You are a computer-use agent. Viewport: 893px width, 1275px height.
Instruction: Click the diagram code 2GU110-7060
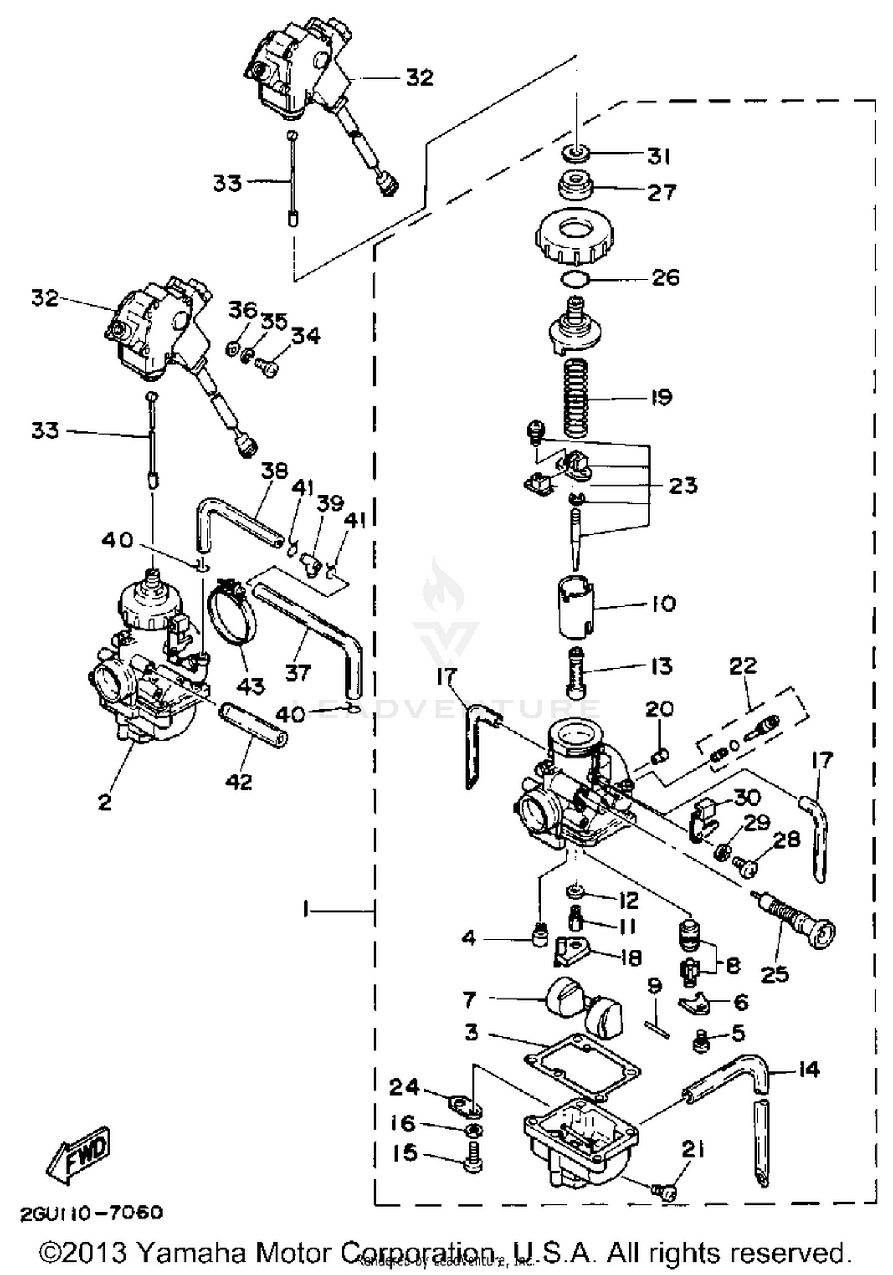pos(91,1213)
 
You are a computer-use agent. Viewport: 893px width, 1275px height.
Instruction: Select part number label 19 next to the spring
pos(661,398)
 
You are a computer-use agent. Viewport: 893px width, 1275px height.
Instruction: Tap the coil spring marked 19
pos(576,398)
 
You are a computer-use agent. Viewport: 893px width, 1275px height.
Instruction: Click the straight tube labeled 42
pos(254,726)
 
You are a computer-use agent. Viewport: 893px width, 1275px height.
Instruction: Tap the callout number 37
pos(298,674)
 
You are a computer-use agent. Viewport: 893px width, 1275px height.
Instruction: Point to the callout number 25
pos(775,975)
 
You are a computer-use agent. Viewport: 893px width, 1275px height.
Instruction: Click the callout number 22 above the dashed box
pos(742,665)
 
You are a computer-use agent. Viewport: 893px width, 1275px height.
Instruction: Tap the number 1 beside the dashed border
pos(306,910)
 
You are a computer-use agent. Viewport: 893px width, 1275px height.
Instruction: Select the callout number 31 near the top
pos(660,157)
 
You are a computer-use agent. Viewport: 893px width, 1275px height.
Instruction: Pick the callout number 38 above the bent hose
pos(274,471)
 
